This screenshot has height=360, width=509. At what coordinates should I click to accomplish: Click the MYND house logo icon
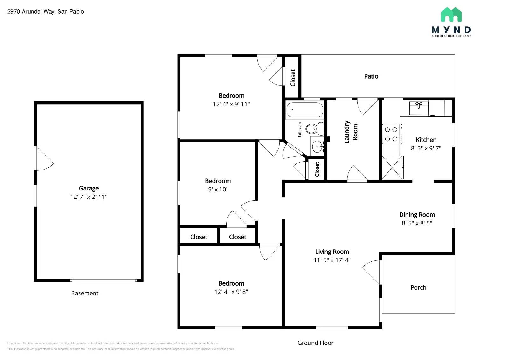pos(451,15)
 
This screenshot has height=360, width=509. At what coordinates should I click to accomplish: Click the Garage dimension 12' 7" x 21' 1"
pos(88,197)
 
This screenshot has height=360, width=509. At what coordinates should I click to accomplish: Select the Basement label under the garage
pos(85,293)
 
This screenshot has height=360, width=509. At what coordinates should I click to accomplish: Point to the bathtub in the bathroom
pos(304,110)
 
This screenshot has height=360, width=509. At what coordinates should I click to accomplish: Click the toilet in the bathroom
pos(314,129)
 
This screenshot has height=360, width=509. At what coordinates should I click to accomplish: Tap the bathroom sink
pos(318,147)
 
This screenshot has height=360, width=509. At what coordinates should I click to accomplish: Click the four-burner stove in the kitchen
pos(391,134)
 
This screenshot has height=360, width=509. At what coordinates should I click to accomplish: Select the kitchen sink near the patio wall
pos(418,108)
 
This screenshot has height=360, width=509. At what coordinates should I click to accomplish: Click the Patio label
pos(371,76)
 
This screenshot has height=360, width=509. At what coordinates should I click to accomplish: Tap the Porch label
pos(418,287)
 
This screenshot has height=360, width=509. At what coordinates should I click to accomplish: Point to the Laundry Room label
pos(351,132)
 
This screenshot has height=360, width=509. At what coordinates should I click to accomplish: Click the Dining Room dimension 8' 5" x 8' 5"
pos(417,223)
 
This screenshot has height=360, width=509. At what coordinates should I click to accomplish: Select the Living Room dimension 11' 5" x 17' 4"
pos(332,260)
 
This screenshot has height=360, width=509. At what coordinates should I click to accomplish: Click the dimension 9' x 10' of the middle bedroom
pos(218,190)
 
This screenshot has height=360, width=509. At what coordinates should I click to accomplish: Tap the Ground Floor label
pos(315,343)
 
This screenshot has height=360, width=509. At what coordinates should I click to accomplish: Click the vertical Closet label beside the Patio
pos(293,78)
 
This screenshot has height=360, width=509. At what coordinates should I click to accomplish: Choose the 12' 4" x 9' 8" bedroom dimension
pos(231,292)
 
